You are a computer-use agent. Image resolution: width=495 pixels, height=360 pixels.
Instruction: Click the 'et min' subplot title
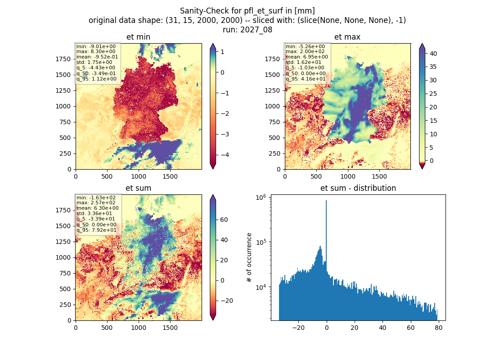pos(138,37)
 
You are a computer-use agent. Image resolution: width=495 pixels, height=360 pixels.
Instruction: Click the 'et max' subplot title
pos(347,37)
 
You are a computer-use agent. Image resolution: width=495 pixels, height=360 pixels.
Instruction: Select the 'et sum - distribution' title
pos(358,188)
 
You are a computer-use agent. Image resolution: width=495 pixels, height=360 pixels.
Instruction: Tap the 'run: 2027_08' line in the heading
pos(247,30)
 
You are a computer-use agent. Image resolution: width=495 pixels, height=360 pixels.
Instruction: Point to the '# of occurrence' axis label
pos(249,258)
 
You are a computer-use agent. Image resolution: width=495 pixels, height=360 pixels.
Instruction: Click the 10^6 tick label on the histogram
pos(261,198)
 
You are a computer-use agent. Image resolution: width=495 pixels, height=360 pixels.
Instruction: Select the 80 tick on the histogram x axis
pos(438,328)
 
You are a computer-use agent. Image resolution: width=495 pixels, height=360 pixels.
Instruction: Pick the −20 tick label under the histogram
pos(298,328)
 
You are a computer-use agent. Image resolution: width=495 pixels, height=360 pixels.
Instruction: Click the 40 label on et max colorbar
pos(433,54)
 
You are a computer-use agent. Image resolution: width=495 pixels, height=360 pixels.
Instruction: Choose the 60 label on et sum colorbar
pos(224,220)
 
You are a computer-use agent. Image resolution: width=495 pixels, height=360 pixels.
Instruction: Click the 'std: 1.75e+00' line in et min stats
pos(94,62)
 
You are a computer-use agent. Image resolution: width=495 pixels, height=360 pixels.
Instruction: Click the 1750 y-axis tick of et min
pos(63,59)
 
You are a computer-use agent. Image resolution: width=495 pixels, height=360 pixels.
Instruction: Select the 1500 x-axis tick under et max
pos(379,176)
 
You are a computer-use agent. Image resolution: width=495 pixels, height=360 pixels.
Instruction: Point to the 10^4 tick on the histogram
pos(261,288)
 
